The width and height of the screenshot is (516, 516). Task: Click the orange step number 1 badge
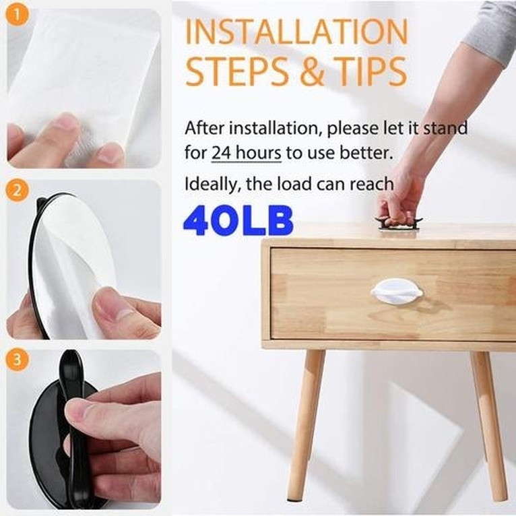[x=17, y=15]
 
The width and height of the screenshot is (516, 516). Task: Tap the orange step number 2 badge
[x=17, y=190]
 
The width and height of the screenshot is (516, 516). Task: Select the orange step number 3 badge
[x=17, y=359]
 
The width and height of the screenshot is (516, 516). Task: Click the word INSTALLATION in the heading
[x=297, y=31]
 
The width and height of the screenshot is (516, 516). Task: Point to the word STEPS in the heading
[x=237, y=71]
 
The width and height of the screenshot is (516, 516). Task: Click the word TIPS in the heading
[x=370, y=71]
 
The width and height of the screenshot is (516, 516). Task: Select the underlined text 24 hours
[x=246, y=153]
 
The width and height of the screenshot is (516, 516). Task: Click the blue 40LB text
[x=238, y=220]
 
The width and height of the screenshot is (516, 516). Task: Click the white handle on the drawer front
[x=397, y=291]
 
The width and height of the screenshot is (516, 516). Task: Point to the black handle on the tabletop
[x=398, y=224]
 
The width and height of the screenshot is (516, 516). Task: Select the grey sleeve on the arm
[x=491, y=31]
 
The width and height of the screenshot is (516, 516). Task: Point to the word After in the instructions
[x=204, y=128]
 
